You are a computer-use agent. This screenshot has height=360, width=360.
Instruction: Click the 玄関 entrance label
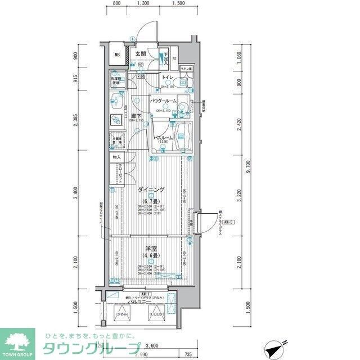click(141, 54)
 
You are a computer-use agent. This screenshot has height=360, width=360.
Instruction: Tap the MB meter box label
click(118, 55)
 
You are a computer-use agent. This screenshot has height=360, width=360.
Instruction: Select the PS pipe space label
click(174, 58)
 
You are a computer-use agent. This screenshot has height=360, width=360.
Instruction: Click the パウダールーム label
click(163, 101)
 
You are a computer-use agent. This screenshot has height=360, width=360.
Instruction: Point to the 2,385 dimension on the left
click(75, 119)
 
